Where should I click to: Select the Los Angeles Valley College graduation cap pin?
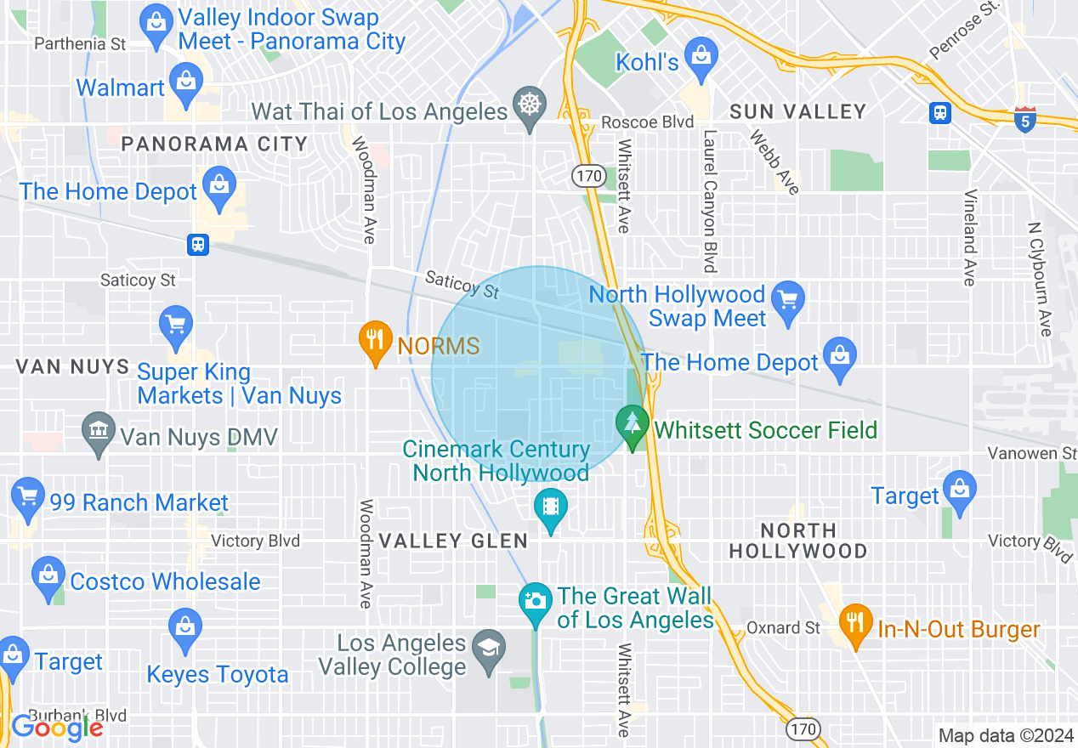click(x=488, y=650)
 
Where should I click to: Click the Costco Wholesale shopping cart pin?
click(x=48, y=577)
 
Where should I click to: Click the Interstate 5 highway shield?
click(x=1025, y=118)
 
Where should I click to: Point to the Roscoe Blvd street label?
click(x=648, y=122)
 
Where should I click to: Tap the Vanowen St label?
click(x=1032, y=453)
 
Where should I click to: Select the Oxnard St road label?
click(x=784, y=628)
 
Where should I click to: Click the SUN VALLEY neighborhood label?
click(x=797, y=111)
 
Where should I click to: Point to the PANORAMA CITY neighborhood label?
click(x=214, y=144)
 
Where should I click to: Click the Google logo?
click(x=57, y=728)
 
